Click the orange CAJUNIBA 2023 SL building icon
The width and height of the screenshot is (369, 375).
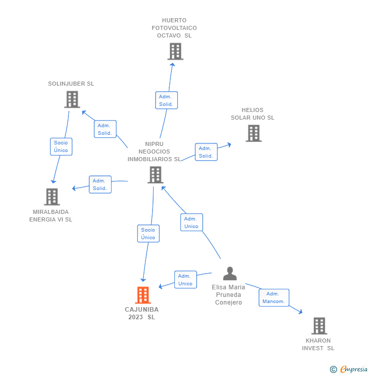click(x=143, y=295)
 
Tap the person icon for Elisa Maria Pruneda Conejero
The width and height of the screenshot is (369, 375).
click(x=230, y=273)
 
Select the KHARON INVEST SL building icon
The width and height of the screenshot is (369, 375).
click(x=319, y=326)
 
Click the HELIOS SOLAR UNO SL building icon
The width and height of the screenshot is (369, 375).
click(x=254, y=133)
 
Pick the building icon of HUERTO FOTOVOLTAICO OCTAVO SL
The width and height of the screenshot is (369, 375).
click(x=175, y=51)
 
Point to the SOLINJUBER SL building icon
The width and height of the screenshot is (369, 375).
click(x=72, y=99)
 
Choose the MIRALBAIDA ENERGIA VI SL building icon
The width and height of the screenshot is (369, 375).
click(x=52, y=197)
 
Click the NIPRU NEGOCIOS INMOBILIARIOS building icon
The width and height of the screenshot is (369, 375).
click(x=156, y=175)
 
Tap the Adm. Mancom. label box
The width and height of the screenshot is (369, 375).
click(x=274, y=297)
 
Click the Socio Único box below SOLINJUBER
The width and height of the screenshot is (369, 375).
click(x=61, y=146)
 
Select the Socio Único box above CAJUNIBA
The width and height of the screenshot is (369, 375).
click(x=149, y=234)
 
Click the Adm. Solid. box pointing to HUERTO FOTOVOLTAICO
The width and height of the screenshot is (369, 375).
click(x=166, y=100)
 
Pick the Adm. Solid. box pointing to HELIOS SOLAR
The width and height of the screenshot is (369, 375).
click(x=206, y=152)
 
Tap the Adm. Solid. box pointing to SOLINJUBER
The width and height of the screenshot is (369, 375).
click(x=105, y=129)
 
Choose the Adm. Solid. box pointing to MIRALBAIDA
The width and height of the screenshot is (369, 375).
click(x=100, y=184)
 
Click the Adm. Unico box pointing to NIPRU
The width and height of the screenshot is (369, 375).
click(x=192, y=222)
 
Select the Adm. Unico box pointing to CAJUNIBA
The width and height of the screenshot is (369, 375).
click(x=186, y=280)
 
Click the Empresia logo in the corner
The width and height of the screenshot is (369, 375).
click(x=349, y=369)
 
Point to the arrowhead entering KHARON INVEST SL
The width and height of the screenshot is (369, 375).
click(x=301, y=312)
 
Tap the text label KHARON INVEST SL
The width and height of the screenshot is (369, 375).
click(x=318, y=345)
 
